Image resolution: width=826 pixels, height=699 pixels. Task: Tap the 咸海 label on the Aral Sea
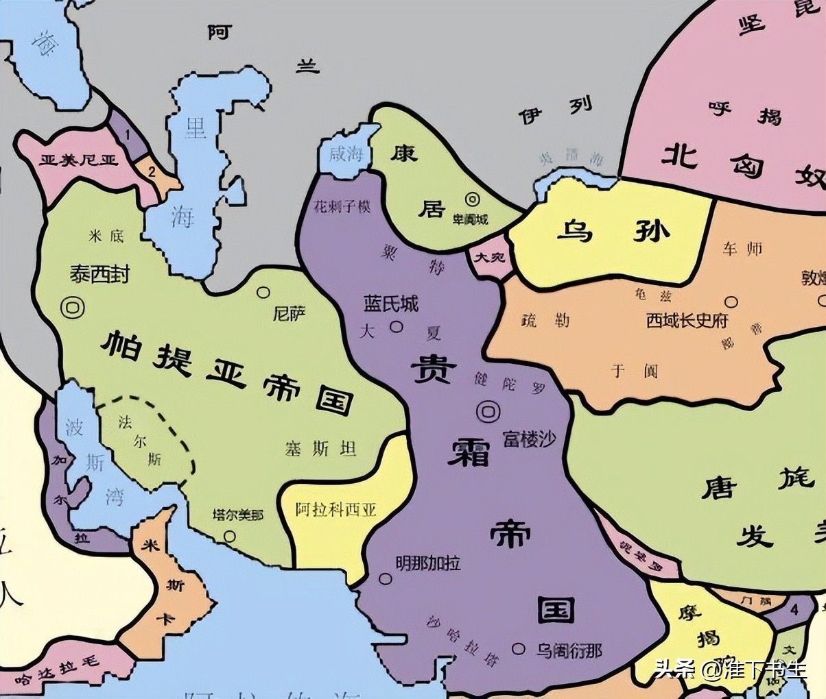(345, 153)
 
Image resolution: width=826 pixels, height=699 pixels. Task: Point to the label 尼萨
(289, 314)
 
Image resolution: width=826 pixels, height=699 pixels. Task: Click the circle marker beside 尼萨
(263, 293)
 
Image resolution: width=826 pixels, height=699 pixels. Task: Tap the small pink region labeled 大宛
(491, 258)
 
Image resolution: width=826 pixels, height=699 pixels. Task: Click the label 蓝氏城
(390, 304)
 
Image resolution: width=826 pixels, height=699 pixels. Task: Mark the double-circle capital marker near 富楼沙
(488, 411)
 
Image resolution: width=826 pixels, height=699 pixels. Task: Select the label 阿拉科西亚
(336, 510)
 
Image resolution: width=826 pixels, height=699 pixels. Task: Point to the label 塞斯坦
(320, 449)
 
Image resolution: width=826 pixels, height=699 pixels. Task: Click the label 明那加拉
(427, 563)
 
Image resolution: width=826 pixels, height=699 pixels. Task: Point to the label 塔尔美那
(237, 515)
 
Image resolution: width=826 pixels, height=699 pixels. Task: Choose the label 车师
(742, 249)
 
